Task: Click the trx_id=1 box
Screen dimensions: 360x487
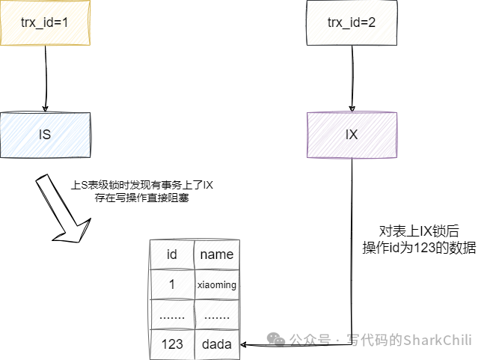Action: (45, 22)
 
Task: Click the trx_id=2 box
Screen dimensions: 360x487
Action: (352, 22)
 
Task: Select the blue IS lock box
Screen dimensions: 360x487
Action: (45, 135)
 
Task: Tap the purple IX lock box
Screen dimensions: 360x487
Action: (352, 135)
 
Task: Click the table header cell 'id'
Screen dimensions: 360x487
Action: (171, 254)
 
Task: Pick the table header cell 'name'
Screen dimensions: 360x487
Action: (217, 254)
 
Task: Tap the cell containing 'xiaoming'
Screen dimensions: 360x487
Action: (217, 284)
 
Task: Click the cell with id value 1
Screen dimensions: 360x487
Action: (171, 284)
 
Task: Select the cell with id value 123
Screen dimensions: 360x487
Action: (171, 344)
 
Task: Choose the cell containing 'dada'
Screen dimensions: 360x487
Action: (217, 344)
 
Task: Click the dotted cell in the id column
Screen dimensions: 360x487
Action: (171, 315)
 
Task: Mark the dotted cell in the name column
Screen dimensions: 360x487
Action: (217, 315)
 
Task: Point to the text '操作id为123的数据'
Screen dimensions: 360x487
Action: (418, 248)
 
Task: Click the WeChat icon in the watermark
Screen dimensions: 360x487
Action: (278, 340)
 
